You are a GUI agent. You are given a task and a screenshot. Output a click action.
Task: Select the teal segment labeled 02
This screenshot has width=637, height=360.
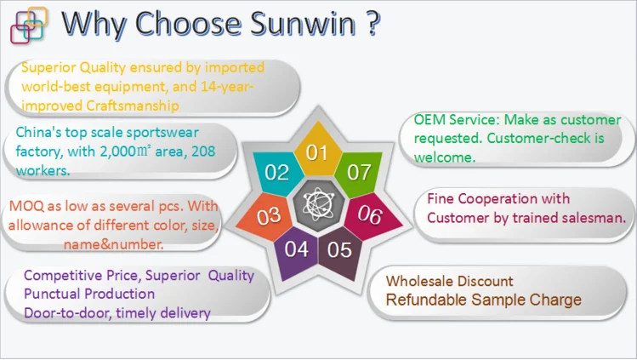click(277, 172)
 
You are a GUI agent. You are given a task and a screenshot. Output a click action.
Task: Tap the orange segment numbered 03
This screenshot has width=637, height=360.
click(267, 216)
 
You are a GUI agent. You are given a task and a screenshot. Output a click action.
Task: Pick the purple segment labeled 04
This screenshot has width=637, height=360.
click(296, 251)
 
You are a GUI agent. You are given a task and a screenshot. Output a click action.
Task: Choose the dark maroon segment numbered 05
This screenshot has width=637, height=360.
click(339, 251)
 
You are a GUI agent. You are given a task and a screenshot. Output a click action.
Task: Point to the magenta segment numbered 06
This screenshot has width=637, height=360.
click(371, 215)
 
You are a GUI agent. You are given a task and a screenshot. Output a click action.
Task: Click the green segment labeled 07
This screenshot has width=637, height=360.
click(359, 172)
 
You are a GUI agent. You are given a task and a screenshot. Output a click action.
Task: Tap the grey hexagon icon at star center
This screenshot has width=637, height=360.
click(318, 205)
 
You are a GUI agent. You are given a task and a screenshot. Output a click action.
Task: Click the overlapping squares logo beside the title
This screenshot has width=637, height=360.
click(28, 25)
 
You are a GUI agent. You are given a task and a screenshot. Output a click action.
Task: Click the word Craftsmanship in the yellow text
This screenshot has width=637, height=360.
click(133, 106)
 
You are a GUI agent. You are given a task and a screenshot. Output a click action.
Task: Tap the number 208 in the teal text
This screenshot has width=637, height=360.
click(203, 151)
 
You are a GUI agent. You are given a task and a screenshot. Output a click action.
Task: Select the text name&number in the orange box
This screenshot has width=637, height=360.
click(114, 244)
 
